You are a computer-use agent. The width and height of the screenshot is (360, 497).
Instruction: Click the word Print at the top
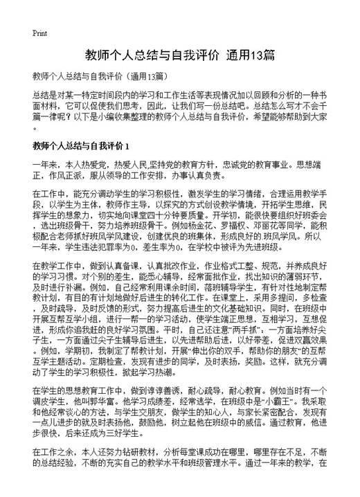39,33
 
